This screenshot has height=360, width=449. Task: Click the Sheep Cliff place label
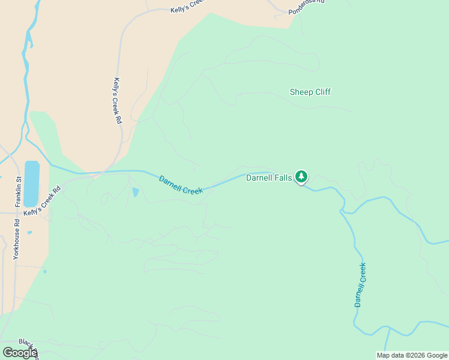point(310,92)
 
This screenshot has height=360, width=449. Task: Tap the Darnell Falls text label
point(268,178)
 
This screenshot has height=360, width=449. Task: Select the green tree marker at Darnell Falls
point(301,176)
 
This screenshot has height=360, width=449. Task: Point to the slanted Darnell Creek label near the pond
point(181,184)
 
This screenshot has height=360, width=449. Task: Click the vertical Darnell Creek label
point(360,284)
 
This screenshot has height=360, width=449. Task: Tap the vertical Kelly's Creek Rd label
point(118,101)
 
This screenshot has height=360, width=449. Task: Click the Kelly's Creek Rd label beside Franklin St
point(43,201)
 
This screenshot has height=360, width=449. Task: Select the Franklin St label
point(19,188)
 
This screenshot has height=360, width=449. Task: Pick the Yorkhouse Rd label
point(16,238)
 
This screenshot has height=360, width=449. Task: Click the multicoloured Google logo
point(20,352)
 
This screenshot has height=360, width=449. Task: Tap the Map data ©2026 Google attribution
point(411,355)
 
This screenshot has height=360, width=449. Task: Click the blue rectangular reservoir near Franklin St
point(32,182)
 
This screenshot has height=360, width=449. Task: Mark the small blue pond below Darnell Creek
point(135,193)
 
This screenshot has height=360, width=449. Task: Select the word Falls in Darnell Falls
point(282,178)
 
